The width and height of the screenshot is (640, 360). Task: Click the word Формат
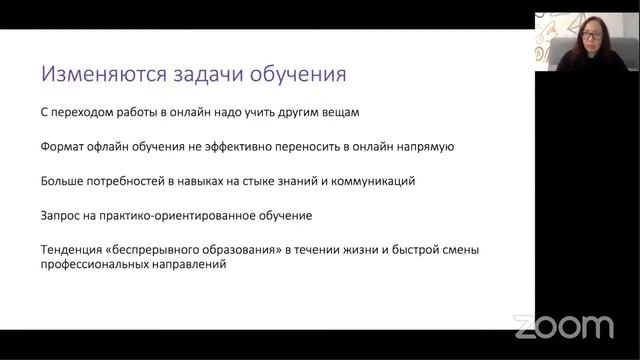[62, 146]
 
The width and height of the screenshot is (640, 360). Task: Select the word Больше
[62, 181]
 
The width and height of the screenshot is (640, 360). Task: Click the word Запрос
[61, 215]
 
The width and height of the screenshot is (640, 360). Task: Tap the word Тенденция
[73, 249]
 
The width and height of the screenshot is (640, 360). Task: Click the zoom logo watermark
[563, 327]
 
